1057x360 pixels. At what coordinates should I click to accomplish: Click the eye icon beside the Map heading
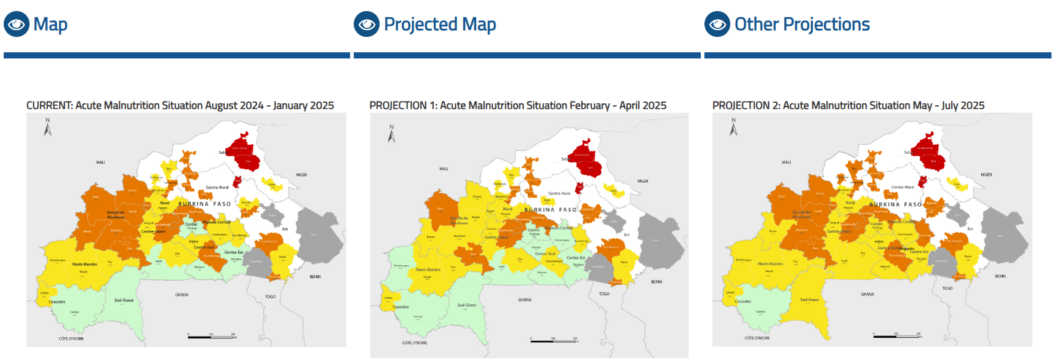tap(17, 25)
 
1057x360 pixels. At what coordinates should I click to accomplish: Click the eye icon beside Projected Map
tap(367, 25)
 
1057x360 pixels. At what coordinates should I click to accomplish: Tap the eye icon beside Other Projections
tap(717, 25)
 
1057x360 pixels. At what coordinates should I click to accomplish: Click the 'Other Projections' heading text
tap(802, 25)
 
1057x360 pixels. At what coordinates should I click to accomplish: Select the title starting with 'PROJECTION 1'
tap(517, 106)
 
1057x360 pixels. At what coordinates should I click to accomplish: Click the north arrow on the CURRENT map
tap(47, 127)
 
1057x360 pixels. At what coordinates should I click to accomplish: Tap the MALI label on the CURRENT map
tap(100, 162)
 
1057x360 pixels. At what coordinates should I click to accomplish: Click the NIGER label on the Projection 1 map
tap(642, 182)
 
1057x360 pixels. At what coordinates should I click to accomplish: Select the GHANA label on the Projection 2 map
tap(867, 295)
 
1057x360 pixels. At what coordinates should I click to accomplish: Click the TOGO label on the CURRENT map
tap(270, 297)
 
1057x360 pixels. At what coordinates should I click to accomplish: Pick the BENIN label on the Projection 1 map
tap(656, 282)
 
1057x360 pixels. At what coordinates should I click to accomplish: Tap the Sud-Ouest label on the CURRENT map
tap(124, 300)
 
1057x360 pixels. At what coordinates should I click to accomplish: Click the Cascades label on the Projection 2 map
tap(743, 302)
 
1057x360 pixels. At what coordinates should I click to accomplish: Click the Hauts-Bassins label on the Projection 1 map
tap(428, 270)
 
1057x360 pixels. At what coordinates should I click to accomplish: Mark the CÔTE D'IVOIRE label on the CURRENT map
tap(71, 339)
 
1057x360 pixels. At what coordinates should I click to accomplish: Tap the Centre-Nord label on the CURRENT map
tap(217, 188)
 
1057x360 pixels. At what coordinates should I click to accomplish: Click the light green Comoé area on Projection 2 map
tap(760, 314)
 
